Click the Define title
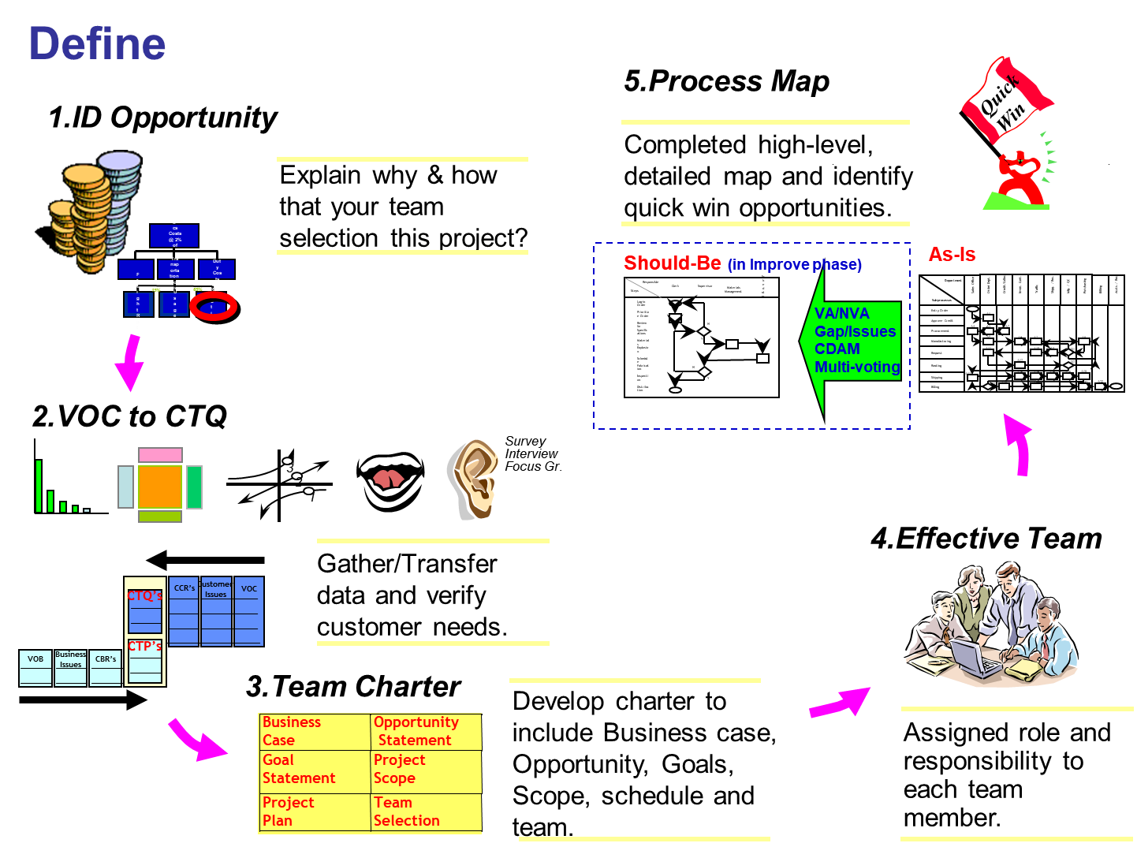pos(97,44)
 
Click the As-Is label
pos(952,255)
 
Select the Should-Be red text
pos(672,263)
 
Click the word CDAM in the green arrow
pos(837,349)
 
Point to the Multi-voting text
pos(856,367)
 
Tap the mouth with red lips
pos(390,475)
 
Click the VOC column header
pos(248,589)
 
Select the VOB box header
pos(35,659)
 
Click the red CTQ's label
pos(145,596)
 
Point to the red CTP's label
pos(145,647)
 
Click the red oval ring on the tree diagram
pos(213,307)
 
